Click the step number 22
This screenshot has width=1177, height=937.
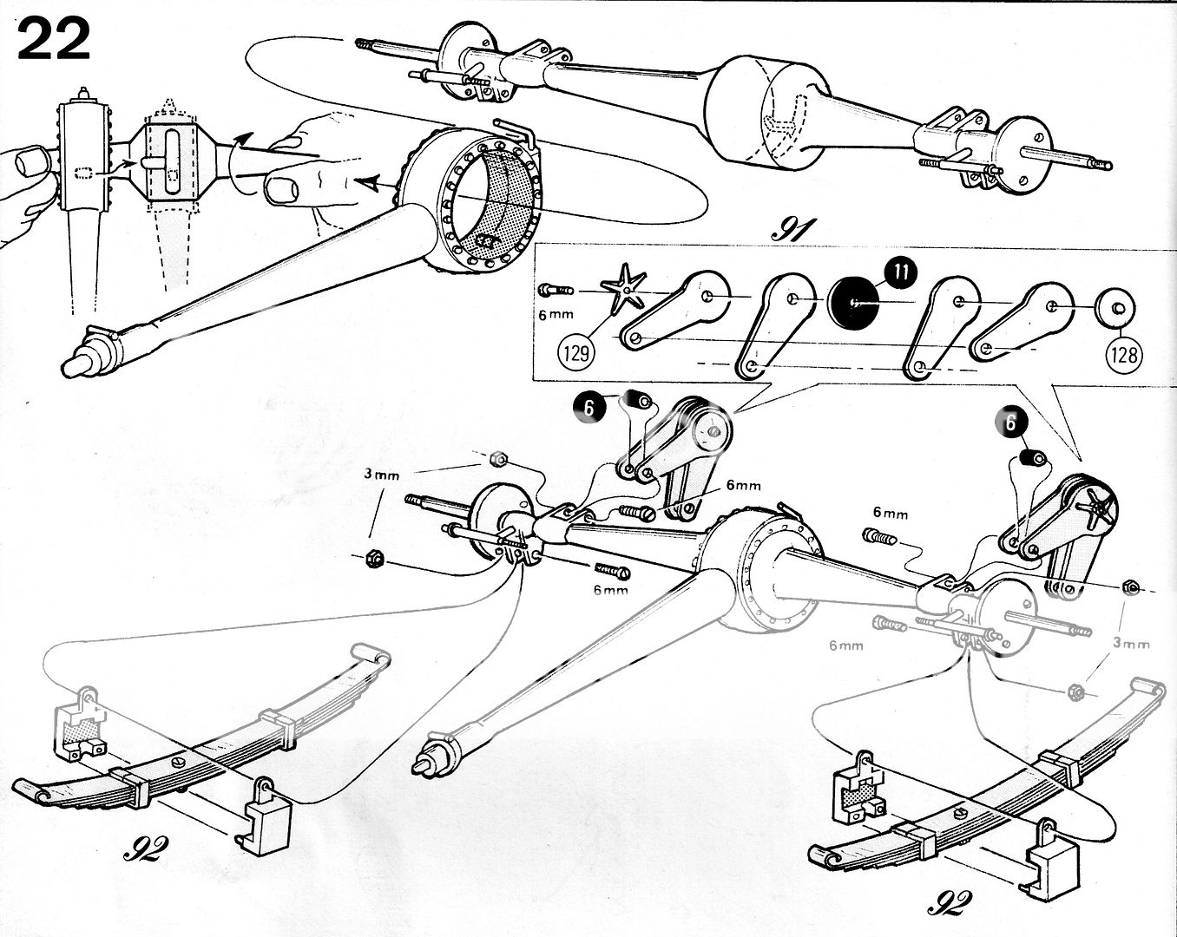point(54,39)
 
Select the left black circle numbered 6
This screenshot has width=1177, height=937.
point(589,408)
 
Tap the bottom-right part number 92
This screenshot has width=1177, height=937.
point(950,902)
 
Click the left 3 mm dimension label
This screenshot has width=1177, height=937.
point(382,475)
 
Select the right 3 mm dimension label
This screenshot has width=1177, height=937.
point(1132,644)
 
